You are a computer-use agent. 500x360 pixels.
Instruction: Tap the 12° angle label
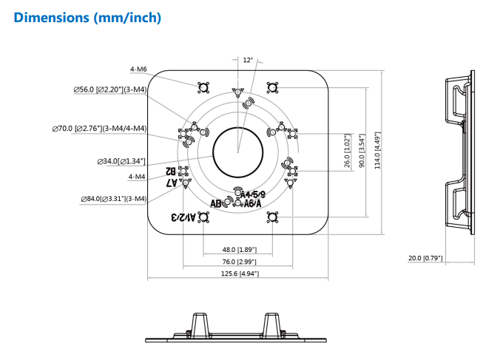(x=247, y=60)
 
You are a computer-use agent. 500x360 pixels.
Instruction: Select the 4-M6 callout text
(x=138, y=69)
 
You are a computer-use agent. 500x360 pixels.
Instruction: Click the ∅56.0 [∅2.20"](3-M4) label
(x=109, y=89)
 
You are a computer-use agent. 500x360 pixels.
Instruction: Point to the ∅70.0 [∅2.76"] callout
(x=99, y=129)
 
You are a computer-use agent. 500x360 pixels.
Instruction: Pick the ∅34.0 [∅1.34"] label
(x=121, y=160)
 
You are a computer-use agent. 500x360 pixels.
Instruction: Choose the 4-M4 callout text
(x=136, y=177)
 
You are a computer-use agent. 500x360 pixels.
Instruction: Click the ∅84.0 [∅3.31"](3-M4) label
(x=114, y=198)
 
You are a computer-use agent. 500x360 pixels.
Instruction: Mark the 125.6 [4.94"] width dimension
(x=237, y=274)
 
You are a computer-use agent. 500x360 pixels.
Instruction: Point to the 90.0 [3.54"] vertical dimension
(x=362, y=152)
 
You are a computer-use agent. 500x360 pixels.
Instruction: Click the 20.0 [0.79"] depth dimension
(x=425, y=258)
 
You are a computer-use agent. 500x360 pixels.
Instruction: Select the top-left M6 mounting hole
(x=203, y=89)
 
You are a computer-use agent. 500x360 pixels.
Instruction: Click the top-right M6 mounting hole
(x=272, y=89)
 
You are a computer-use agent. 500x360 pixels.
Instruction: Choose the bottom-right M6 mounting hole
(x=272, y=217)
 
